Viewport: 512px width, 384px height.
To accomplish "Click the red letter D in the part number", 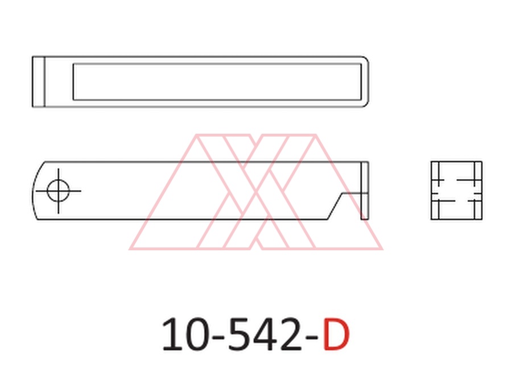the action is (x=336, y=335).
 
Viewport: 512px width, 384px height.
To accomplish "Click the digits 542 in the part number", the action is (x=265, y=335).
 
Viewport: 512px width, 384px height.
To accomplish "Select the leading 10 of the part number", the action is (x=185, y=335).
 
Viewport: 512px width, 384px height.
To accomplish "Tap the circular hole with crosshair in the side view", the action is (x=58, y=191).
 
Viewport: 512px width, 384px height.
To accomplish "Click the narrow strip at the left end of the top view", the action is (x=38, y=81).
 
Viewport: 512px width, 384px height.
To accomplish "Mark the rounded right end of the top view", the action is (x=368, y=81).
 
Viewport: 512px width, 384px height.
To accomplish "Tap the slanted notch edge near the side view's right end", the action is (x=335, y=207).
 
